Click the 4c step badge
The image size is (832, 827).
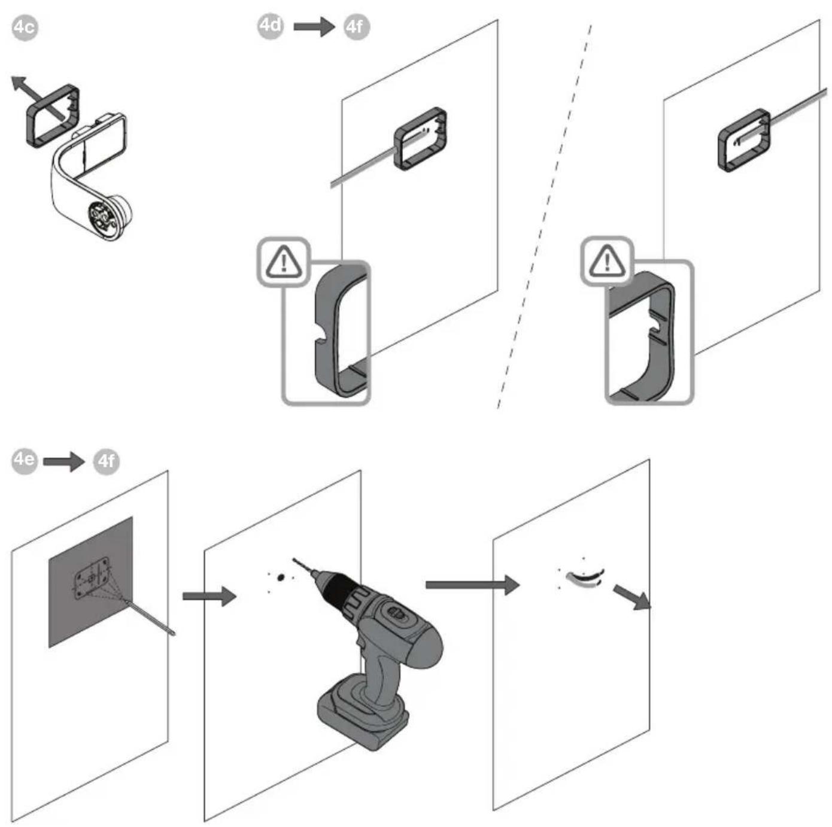(x=25, y=28)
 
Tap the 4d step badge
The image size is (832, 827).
(x=271, y=26)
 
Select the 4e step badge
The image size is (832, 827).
(x=24, y=461)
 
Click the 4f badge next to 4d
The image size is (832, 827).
(x=357, y=27)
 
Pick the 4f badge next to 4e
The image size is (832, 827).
(x=107, y=461)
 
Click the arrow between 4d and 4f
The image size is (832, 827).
(x=314, y=27)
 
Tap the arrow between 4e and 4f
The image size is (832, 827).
(x=64, y=461)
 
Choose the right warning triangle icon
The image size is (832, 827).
(x=607, y=261)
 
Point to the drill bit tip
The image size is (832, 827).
(x=294, y=560)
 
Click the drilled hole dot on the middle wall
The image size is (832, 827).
(x=281, y=576)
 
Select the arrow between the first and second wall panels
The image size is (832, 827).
(x=209, y=596)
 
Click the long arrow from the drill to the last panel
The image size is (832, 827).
(x=472, y=585)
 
